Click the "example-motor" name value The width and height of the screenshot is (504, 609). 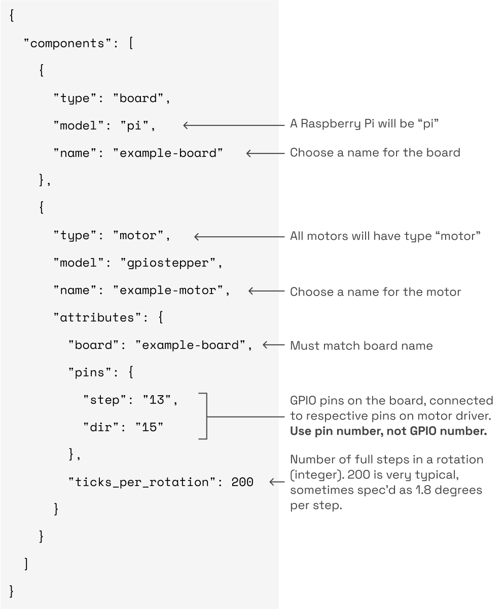(x=171, y=291)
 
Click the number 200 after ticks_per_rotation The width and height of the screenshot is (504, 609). (x=242, y=482)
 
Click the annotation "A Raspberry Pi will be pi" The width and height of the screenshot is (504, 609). (x=364, y=124)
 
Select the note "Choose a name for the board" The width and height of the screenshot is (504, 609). (x=375, y=152)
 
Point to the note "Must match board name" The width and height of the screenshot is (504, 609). (x=361, y=346)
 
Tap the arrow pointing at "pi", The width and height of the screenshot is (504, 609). (x=233, y=125)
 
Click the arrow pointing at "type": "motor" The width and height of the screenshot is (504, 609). (x=239, y=236)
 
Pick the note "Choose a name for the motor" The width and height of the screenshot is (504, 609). (x=375, y=292)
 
